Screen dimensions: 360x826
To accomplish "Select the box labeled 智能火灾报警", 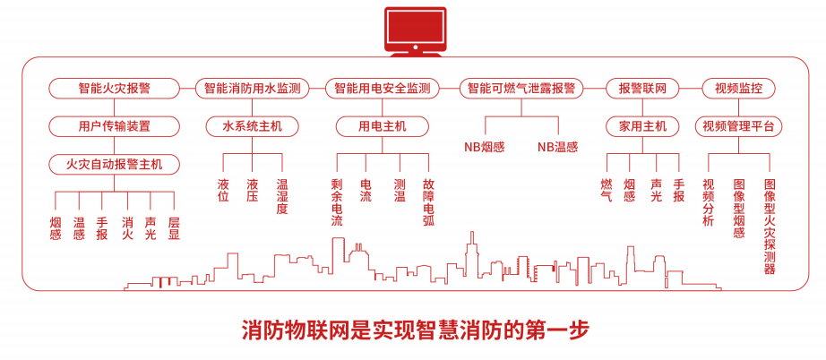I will click(x=114, y=89).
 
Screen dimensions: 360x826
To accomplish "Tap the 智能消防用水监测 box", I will click(x=252, y=89).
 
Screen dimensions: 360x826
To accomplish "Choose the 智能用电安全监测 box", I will click(x=383, y=89).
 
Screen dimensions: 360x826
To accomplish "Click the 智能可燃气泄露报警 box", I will click(x=521, y=89).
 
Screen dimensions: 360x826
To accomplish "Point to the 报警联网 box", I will click(x=642, y=89).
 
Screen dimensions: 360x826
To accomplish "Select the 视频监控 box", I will click(x=738, y=89).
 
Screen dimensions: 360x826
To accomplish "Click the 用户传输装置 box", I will click(x=114, y=126).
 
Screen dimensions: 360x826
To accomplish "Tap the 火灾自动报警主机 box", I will click(x=114, y=164).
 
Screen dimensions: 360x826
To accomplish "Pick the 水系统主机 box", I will click(x=252, y=126).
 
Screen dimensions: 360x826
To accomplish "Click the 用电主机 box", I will click(x=383, y=126).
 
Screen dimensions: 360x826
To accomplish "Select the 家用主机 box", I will click(x=642, y=126).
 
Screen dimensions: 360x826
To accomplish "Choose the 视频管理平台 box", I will click(x=738, y=126).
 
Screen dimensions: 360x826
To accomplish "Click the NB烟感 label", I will click(x=484, y=147).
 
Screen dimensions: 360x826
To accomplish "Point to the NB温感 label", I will click(x=557, y=147).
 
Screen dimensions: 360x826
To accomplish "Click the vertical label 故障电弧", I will click(x=428, y=201).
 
